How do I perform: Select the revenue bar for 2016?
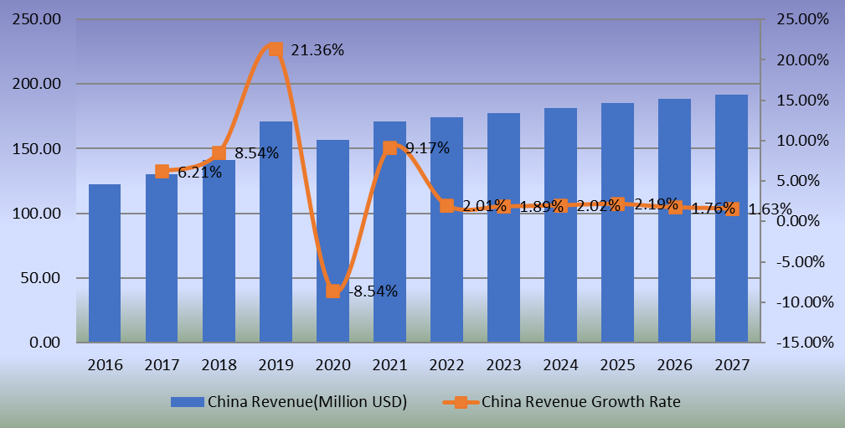pos(105,263)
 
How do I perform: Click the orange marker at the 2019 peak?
pos(276,49)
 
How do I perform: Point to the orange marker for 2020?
pos(332,291)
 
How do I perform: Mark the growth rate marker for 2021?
pos(389,148)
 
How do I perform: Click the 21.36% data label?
pos(317,50)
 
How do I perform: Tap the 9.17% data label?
pos(427,148)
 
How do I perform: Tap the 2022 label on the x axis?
pos(446,365)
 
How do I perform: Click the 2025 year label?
pos(617,365)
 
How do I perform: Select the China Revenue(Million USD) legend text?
pos(307,402)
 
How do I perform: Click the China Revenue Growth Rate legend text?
pos(581,402)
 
